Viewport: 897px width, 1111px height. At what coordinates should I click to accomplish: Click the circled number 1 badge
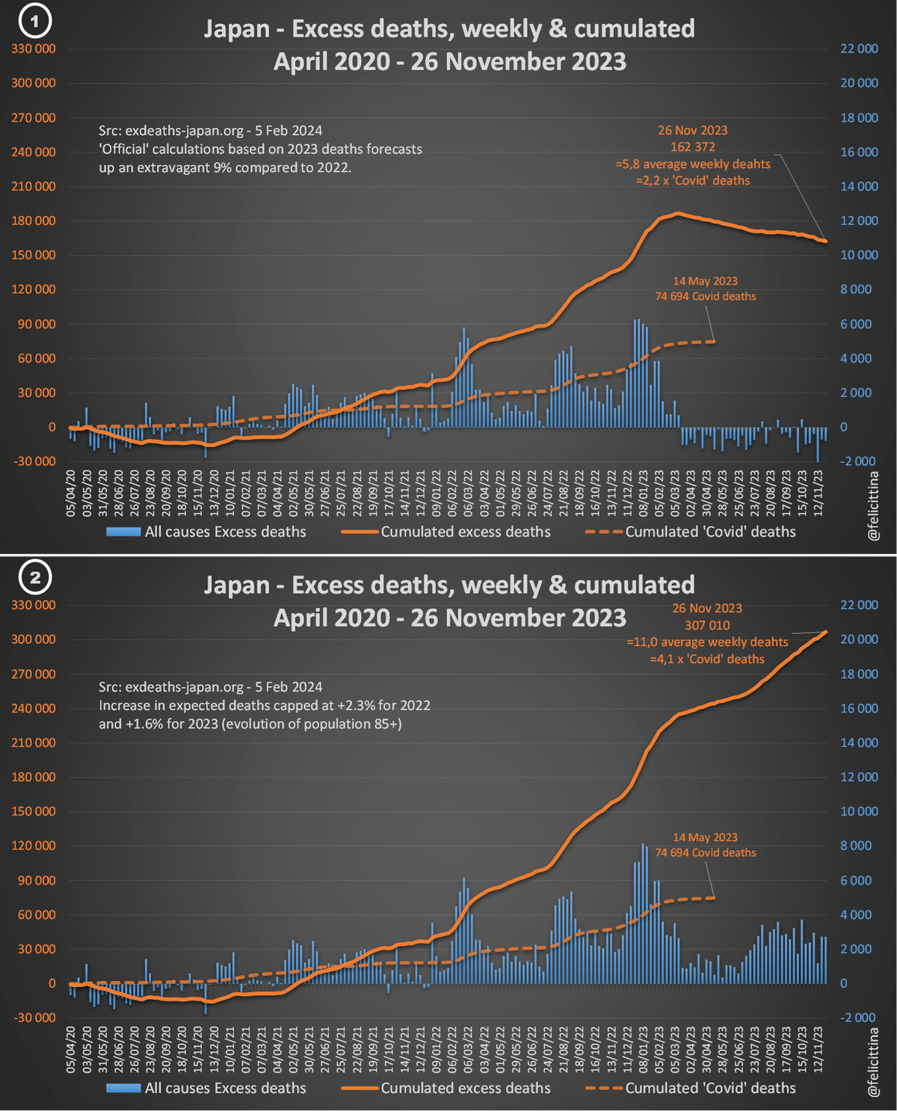point(34,21)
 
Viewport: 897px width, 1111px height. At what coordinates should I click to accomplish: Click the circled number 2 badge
point(34,576)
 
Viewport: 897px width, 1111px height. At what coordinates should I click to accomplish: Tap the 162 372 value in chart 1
point(692,147)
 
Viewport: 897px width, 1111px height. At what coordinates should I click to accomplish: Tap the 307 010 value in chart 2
point(706,625)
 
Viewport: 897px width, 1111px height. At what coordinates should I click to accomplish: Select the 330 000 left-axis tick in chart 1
point(34,49)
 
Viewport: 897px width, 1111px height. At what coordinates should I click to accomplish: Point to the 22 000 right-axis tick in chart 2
point(859,605)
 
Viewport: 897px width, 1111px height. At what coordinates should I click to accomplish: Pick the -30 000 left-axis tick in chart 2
point(34,1018)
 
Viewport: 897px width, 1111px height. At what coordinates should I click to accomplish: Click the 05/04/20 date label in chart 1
point(71,493)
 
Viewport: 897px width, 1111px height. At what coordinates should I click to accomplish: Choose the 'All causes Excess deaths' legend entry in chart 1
point(225,532)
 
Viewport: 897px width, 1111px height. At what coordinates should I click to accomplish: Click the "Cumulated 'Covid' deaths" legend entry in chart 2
point(710,1088)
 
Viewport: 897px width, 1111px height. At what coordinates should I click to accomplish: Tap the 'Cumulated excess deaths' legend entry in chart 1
point(465,532)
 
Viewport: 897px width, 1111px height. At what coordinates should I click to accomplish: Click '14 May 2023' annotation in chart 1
point(705,281)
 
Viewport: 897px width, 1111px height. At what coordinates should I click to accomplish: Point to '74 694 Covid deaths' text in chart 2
point(706,852)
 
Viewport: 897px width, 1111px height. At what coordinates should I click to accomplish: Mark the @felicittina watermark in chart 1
point(872,505)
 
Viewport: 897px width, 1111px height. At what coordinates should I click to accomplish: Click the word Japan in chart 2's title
point(236,585)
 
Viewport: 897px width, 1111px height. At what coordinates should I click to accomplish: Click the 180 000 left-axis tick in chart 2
point(34,777)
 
